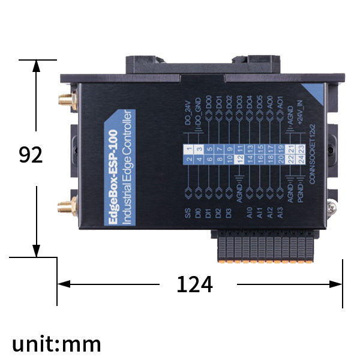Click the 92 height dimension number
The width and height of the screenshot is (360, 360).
click(x=31, y=155)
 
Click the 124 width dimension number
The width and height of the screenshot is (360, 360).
click(x=194, y=284)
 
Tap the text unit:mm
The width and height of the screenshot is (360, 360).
click(x=57, y=344)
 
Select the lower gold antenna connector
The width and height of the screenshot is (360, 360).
click(x=64, y=208)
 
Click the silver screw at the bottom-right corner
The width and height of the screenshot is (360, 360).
click(x=332, y=208)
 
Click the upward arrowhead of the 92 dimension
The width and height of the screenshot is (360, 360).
click(x=37, y=65)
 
